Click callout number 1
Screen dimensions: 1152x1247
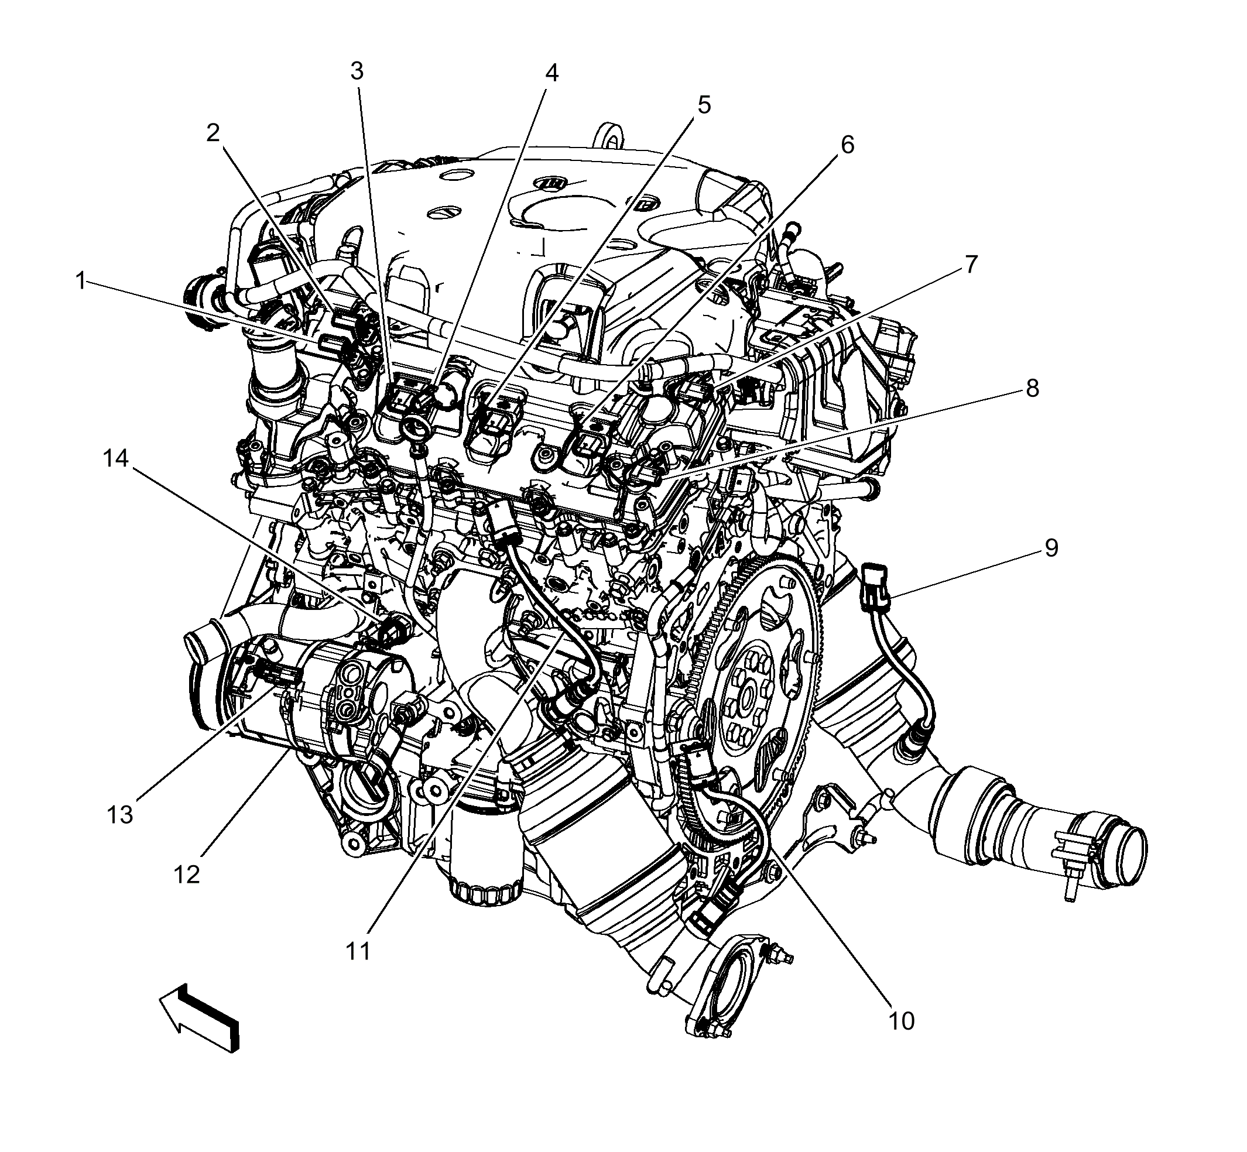pyautogui.click(x=80, y=281)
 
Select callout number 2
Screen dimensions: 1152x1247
pyautogui.click(x=213, y=132)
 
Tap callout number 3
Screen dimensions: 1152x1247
pyautogui.click(x=356, y=71)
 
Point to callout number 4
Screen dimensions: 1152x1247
pyautogui.click(x=551, y=74)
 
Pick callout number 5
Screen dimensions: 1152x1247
pyautogui.click(x=703, y=105)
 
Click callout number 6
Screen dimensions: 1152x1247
pyautogui.click(x=847, y=145)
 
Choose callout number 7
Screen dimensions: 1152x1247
pyautogui.click(x=971, y=265)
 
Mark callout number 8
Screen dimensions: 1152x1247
pyautogui.click(x=1032, y=388)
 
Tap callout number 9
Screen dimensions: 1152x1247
pyautogui.click(x=1051, y=548)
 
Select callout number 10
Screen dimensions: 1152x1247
pyautogui.click(x=901, y=1021)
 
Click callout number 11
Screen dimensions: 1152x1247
pyautogui.click(x=358, y=951)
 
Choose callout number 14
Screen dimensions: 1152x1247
pyautogui.click(x=115, y=458)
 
